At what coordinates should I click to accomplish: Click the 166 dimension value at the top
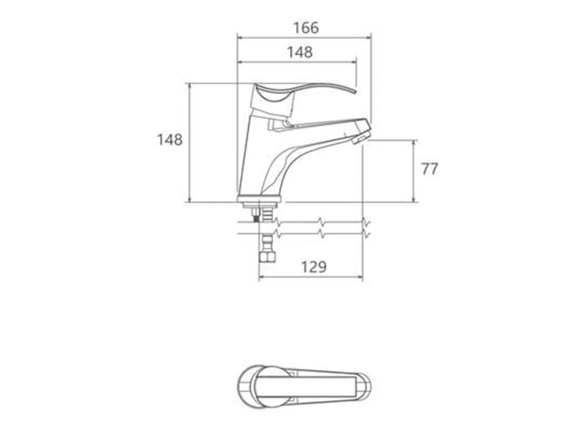306,28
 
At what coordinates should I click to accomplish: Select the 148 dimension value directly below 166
300,52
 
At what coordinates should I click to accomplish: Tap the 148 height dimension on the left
169,139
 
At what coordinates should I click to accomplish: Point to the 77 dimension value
430,169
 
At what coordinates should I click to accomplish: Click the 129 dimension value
314,267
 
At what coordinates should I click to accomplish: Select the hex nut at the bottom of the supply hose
268,256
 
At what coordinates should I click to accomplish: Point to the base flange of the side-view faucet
260,199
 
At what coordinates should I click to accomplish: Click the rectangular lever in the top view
306,387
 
